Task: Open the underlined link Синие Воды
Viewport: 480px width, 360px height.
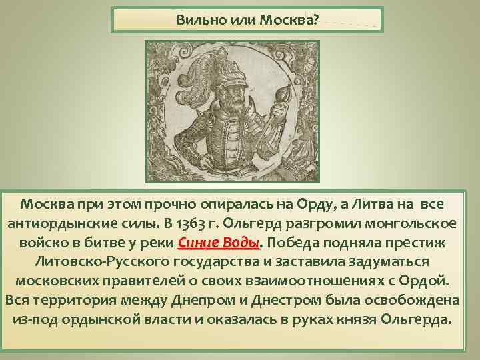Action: (221, 241)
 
